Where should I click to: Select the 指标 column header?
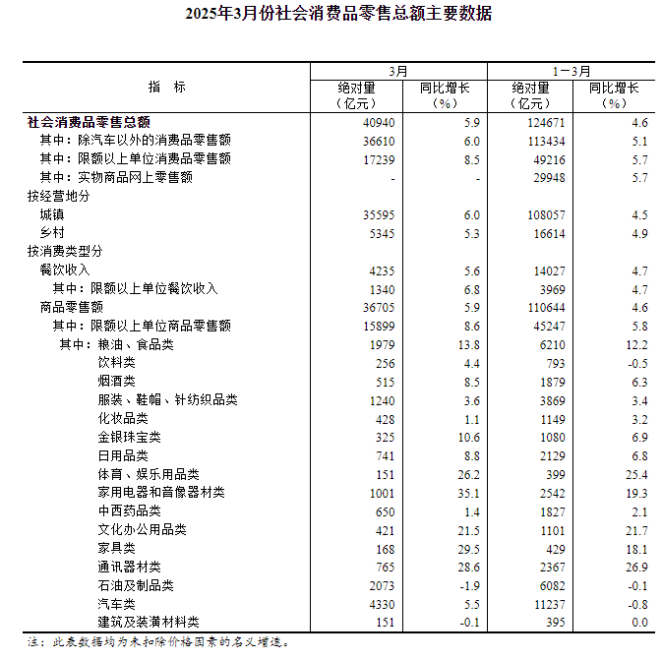click(x=166, y=87)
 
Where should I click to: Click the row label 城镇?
click(x=52, y=214)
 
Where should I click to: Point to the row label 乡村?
click(x=52, y=233)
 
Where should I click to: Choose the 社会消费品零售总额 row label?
click(x=89, y=123)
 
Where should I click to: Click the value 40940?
click(x=379, y=123)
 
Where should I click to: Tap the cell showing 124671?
click(x=547, y=123)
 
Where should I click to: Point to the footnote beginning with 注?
click(x=158, y=642)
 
